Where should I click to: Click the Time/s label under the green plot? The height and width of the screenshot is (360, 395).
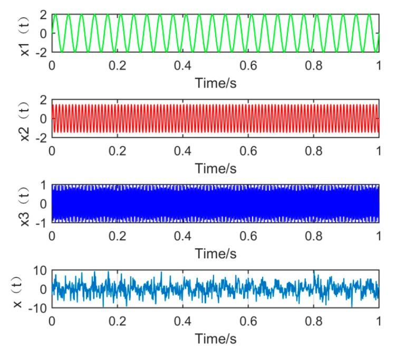215,83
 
